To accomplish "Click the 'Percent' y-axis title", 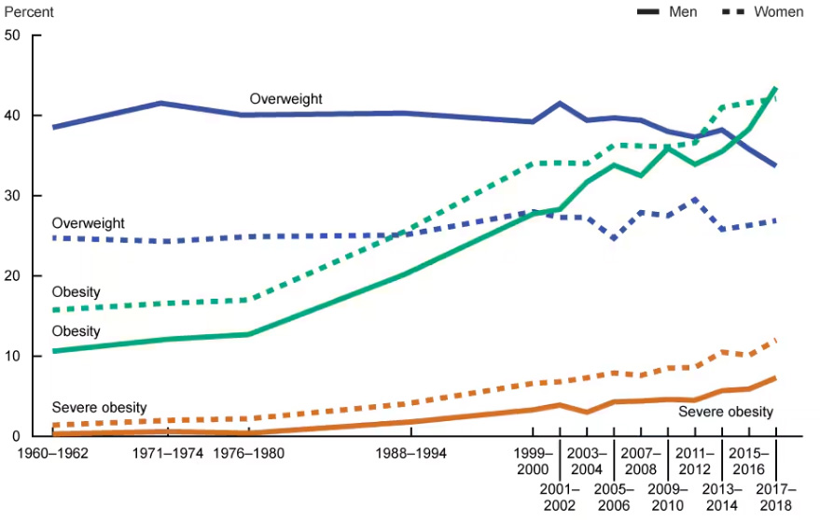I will (28, 12).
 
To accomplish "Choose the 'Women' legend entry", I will (778, 12).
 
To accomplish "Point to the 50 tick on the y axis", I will (13, 35).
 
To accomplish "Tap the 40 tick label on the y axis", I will (13, 116).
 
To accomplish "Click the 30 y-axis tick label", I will (13, 196).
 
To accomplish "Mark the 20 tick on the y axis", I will (13, 276).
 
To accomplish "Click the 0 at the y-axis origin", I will (17, 436).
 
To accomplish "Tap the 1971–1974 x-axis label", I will (169, 453).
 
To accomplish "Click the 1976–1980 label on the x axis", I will (248, 453).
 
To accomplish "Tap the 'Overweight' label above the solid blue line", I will (286, 99).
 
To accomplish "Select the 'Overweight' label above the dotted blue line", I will (89, 223).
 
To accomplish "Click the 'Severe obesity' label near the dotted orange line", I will (99, 407).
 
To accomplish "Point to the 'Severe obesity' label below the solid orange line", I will (726, 412).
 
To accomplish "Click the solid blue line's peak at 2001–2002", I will (560, 103).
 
